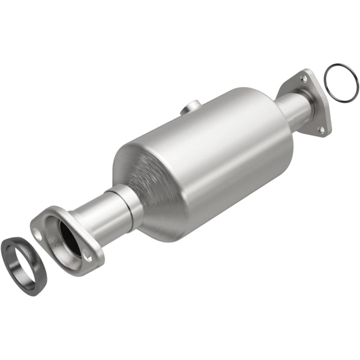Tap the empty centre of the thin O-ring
tap(341, 83)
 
